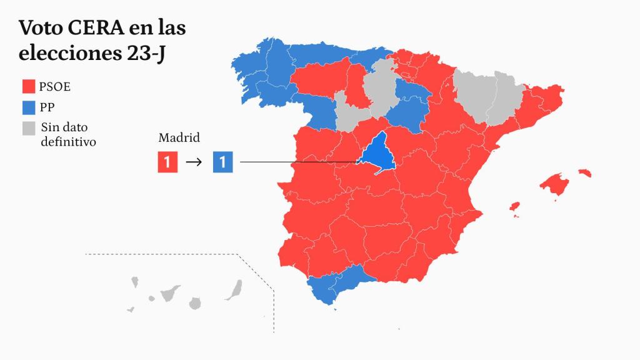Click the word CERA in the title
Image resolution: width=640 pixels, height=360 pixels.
pyautogui.click(x=96, y=27)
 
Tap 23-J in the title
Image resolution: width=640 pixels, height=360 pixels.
pyautogui.click(x=146, y=54)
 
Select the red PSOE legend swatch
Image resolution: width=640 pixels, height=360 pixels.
pyautogui.click(x=29, y=86)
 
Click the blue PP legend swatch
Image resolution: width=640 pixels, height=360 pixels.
pyautogui.click(x=29, y=107)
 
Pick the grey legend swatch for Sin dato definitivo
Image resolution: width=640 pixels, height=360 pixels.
pyautogui.click(x=29, y=128)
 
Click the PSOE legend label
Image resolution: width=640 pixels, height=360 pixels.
pyautogui.click(x=55, y=86)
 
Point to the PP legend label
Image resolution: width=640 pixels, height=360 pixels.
pyautogui.click(x=47, y=107)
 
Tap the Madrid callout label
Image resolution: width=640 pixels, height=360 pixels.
pyautogui.click(x=179, y=137)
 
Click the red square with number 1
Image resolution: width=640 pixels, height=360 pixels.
pyautogui.click(x=167, y=162)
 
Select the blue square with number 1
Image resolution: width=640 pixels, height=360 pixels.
pyautogui.click(x=223, y=162)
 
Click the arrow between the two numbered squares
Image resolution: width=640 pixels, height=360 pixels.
pyautogui.click(x=194, y=162)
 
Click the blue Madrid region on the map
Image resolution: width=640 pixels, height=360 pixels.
pyautogui.click(x=377, y=155)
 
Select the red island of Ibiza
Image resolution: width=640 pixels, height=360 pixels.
pyautogui.click(x=515, y=207)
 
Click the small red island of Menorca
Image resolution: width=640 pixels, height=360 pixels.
pyautogui.click(x=585, y=172)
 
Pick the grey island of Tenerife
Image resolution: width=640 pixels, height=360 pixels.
pyautogui.click(x=169, y=293)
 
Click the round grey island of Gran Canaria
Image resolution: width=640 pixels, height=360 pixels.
pyautogui.click(x=195, y=303)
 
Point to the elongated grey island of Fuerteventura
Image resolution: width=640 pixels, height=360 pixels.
pyautogui.click(x=235, y=291)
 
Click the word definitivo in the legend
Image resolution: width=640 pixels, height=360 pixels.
pyautogui.click(x=68, y=142)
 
